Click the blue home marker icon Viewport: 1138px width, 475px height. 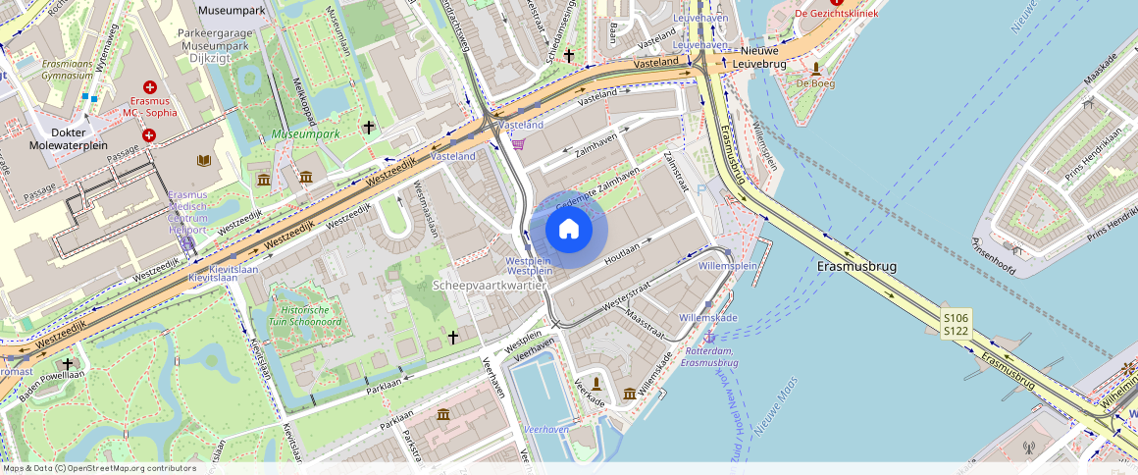coord(569,230)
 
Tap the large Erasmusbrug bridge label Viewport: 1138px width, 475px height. coord(855,266)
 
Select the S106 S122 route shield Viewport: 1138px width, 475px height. coord(956,325)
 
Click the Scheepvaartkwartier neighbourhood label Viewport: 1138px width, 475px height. coord(489,285)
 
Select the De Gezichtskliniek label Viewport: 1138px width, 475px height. coord(836,14)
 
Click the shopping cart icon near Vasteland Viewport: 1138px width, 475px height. coord(517,143)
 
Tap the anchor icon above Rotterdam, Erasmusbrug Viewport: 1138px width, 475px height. coord(708,337)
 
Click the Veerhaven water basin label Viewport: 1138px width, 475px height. coord(546,430)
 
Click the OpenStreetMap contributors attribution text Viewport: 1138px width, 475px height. coord(98,468)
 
